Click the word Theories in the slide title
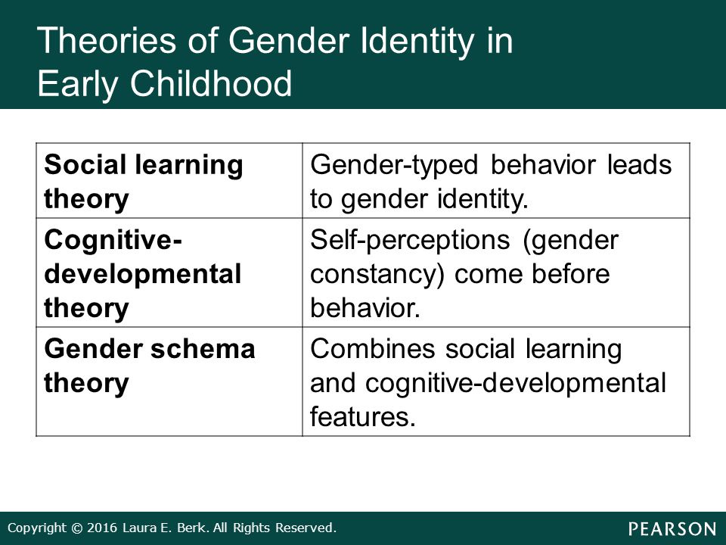point(107,40)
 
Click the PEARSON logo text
point(672,529)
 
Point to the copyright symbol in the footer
point(77,528)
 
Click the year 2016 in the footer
point(102,528)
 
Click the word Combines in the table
point(373,349)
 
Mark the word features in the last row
point(362,416)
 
